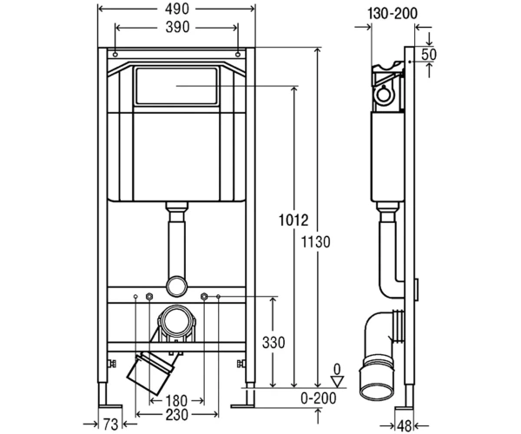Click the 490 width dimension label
[x=177, y=9]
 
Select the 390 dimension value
[x=177, y=27]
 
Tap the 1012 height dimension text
[x=293, y=220]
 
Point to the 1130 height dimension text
[x=316, y=242]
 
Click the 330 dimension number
[x=274, y=343]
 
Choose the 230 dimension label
[x=176, y=415]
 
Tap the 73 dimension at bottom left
[x=110, y=424]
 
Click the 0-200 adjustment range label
[x=319, y=398]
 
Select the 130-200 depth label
[x=392, y=14]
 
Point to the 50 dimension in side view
[x=429, y=55]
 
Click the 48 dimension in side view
[x=404, y=426]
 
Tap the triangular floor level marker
[x=338, y=381]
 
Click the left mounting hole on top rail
[x=115, y=55]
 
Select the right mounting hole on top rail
[x=238, y=55]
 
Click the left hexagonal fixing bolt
[x=149, y=296]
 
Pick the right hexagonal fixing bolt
[x=204, y=296]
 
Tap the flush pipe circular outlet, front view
[x=176, y=286]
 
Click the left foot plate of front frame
[x=110, y=406]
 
